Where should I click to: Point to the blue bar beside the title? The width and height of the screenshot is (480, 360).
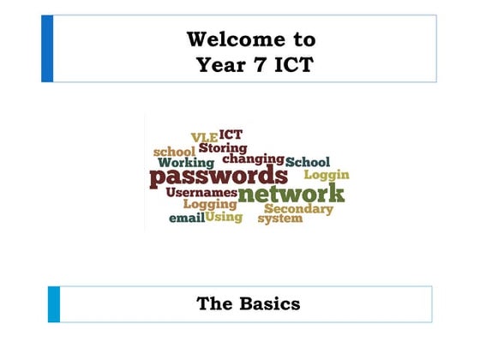pos(47,49)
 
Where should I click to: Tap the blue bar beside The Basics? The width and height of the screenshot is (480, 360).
pos(54,304)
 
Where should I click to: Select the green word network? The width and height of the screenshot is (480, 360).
pos(291,193)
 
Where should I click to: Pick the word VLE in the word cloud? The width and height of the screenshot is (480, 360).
pos(204,138)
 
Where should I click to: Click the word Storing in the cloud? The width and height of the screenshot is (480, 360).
pos(223,147)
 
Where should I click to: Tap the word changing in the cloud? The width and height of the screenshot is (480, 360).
pos(253,159)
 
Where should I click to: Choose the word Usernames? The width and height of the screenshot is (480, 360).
pos(201,194)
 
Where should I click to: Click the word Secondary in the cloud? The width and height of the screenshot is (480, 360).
pos(298,208)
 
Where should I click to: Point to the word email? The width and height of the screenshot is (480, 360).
pos(185,219)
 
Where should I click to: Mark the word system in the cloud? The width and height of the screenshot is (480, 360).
pos(280,219)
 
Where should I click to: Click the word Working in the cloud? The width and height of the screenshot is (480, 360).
pos(186,163)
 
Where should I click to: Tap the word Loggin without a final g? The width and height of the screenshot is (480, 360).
pos(327,175)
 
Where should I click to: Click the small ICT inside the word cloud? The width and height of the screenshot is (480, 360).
pos(231,135)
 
